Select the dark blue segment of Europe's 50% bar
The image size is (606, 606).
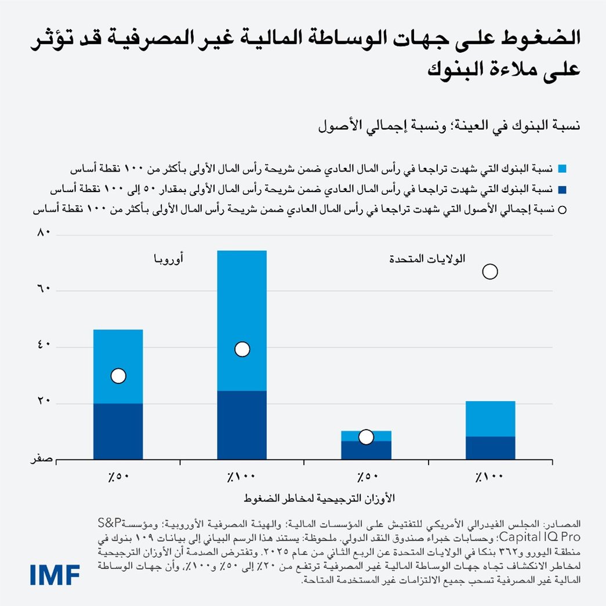click(x=118, y=431)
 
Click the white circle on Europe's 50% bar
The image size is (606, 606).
click(x=118, y=376)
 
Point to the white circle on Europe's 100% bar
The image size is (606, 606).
click(x=242, y=349)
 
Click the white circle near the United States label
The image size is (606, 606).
click(x=490, y=271)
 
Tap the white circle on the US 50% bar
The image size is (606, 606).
click(x=365, y=437)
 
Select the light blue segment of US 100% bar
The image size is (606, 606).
click(x=491, y=418)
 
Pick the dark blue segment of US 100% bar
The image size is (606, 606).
click(x=491, y=448)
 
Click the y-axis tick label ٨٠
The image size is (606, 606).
click(x=45, y=234)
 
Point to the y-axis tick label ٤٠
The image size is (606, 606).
click(x=45, y=346)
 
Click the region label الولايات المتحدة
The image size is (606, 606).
click(x=428, y=259)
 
